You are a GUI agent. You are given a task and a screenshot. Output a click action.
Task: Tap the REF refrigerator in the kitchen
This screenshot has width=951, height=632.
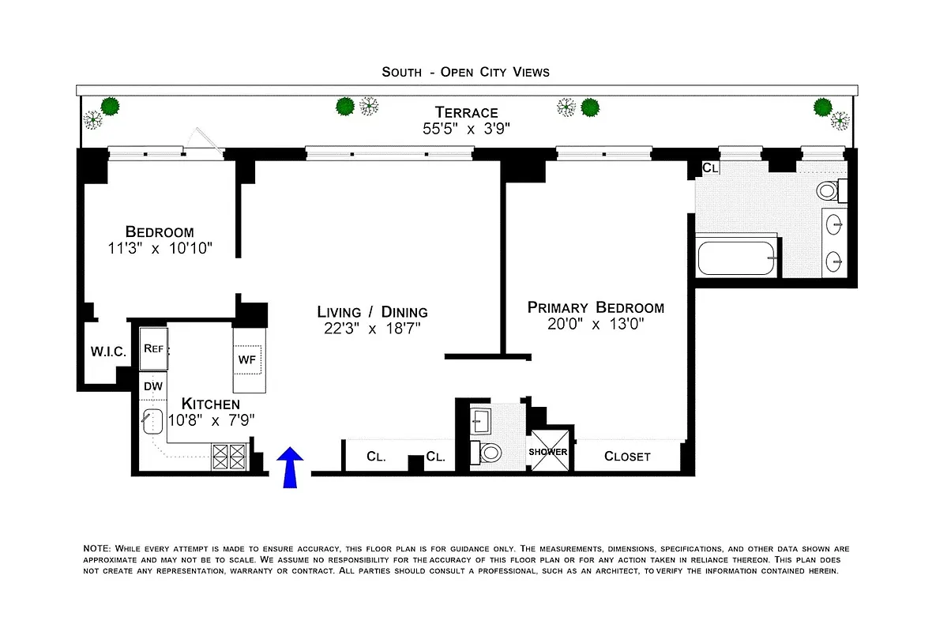pyautogui.click(x=153, y=348)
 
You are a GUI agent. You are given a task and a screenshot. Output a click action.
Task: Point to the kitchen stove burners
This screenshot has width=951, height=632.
pyautogui.click(x=228, y=457)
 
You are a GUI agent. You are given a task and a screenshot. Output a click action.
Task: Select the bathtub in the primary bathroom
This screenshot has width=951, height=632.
pyautogui.click(x=737, y=258)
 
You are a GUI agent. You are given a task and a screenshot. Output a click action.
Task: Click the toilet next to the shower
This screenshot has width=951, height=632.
pyautogui.click(x=490, y=452)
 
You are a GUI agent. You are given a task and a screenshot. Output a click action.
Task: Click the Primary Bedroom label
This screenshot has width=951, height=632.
pyautogui.click(x=596, y=307)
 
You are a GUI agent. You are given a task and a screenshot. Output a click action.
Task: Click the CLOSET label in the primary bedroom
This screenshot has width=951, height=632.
pyautogui.click(x=627, y=457)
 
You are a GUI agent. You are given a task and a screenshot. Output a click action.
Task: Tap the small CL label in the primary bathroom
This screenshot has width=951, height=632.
pyautogui.click(x=710, y=167)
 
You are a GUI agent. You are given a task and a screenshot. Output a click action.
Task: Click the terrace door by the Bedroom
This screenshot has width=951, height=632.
pyautogui.click(x=204, y=141)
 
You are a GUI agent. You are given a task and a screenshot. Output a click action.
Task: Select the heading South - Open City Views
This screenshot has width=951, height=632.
pyautogui.click(x=465, y=72)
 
